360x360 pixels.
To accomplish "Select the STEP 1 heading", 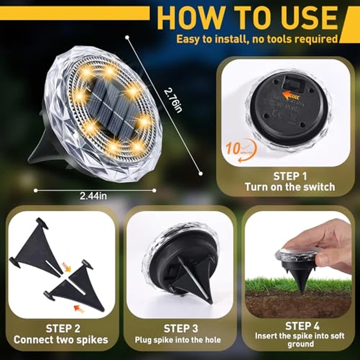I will coord(290,174).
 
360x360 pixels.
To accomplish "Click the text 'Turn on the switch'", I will coord(290,187).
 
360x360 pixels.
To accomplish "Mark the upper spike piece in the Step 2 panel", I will coord(38,247).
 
